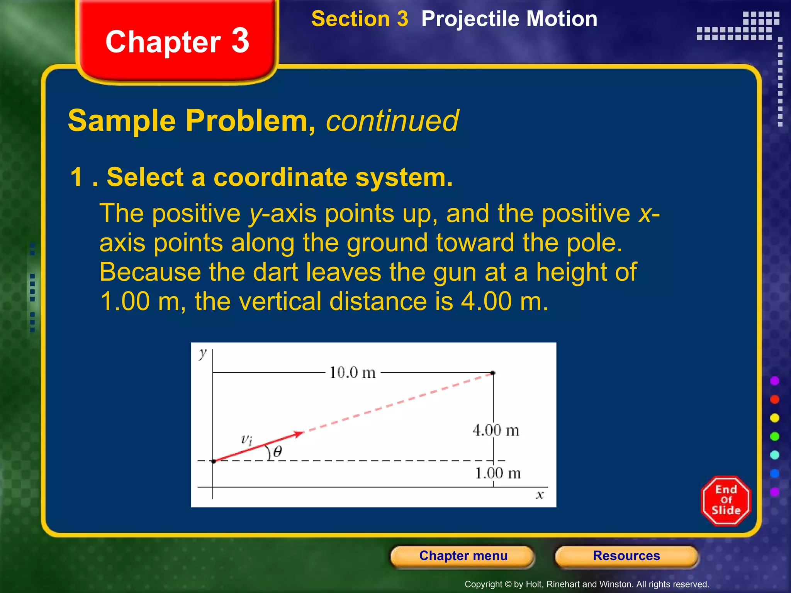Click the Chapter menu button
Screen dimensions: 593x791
point(463,556)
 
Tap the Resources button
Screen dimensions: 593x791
point(626,556)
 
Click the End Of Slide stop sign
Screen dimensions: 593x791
point(726,500)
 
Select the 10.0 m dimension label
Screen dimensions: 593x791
point(352,373)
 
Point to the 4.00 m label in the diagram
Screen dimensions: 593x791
point(496,430)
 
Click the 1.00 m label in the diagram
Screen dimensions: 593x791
point(497,473)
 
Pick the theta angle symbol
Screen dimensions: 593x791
point(277,451)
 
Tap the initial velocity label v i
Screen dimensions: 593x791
point(246,439)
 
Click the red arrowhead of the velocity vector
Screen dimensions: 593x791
point(298,434)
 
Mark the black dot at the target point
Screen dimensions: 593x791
point(493,373)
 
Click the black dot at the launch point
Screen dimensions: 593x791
point(214,461)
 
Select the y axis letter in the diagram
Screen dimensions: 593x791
point(202,353)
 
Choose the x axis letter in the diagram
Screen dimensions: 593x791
point(540,495)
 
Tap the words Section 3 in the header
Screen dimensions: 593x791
point(359,19)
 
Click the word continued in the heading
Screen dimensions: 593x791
point(392,120)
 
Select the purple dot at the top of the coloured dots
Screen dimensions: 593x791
point(774,381)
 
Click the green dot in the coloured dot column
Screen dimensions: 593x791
point(774,436)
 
